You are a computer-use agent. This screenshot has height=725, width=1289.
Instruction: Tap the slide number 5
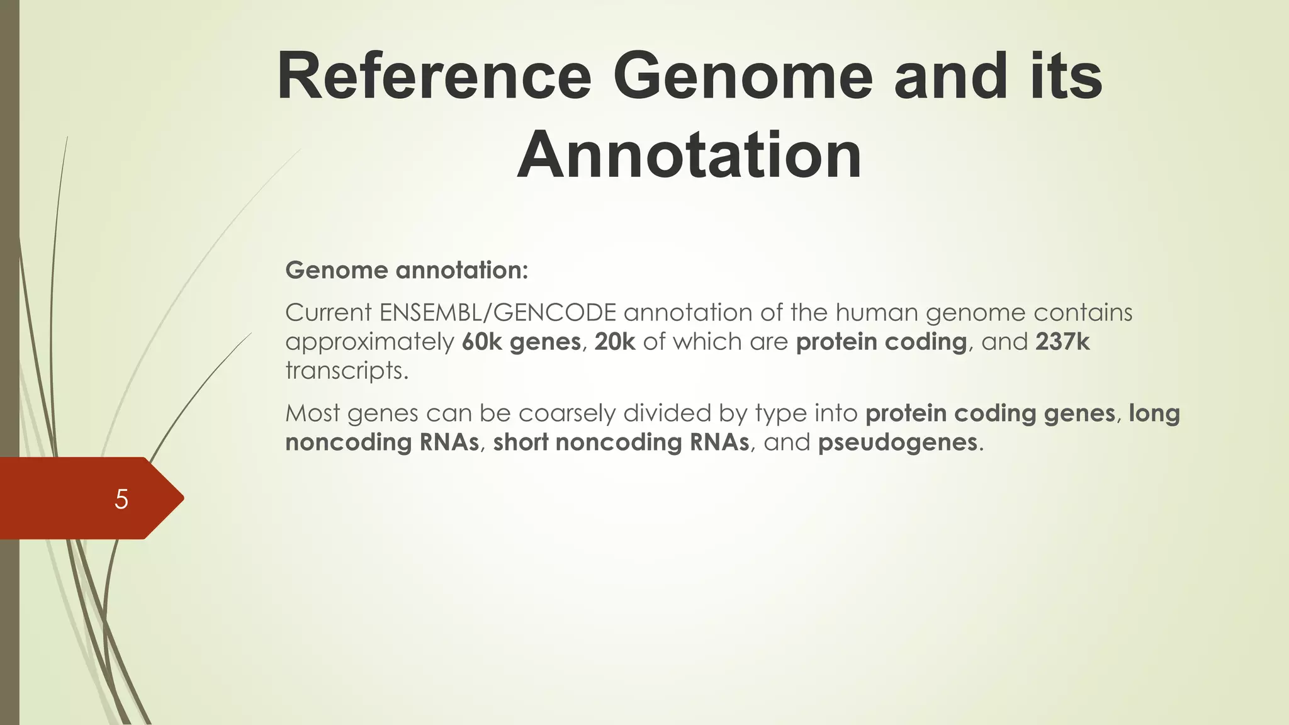click(121, 499)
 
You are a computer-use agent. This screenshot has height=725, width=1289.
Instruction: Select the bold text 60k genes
click(521, 342)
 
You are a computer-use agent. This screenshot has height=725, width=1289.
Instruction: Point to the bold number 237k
click(1062, 342)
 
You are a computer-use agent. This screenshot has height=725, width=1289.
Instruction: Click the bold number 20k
click(615, 342)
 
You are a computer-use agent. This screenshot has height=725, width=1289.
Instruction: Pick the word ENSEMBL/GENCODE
click(498, 313)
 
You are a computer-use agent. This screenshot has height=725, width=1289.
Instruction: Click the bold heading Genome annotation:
click(407, 270)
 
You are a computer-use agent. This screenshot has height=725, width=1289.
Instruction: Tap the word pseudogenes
click(898, 442)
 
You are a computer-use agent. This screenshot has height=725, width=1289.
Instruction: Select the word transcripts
click(346, 371)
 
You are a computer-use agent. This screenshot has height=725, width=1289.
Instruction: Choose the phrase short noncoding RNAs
click(621, 442)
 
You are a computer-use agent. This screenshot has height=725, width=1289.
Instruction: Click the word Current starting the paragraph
click(328, 313)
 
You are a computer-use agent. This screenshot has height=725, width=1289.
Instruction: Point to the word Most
click(312, 413)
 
